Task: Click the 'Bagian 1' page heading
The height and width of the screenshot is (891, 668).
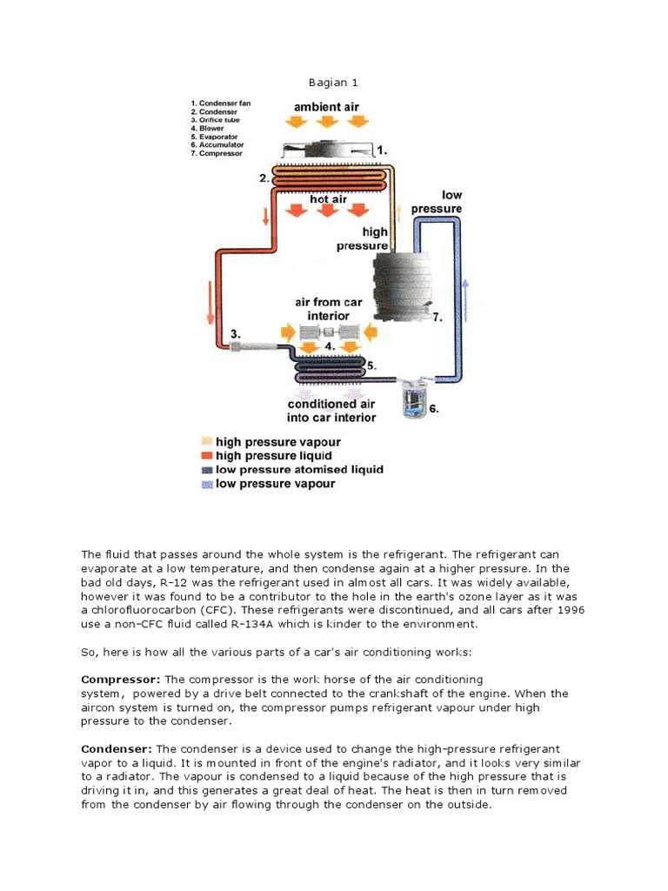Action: (333, 83)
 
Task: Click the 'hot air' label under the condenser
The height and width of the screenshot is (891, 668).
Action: (328, 199)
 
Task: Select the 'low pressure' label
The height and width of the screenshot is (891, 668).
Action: (440, 202)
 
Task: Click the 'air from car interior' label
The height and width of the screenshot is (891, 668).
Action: (328, 309)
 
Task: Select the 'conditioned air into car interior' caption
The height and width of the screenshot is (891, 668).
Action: (331, 411)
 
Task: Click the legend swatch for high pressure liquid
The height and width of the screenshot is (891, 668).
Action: (206, 456)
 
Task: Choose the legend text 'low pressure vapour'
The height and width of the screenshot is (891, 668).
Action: (275, 484)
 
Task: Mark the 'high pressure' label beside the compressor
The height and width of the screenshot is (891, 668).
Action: (375, 238)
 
